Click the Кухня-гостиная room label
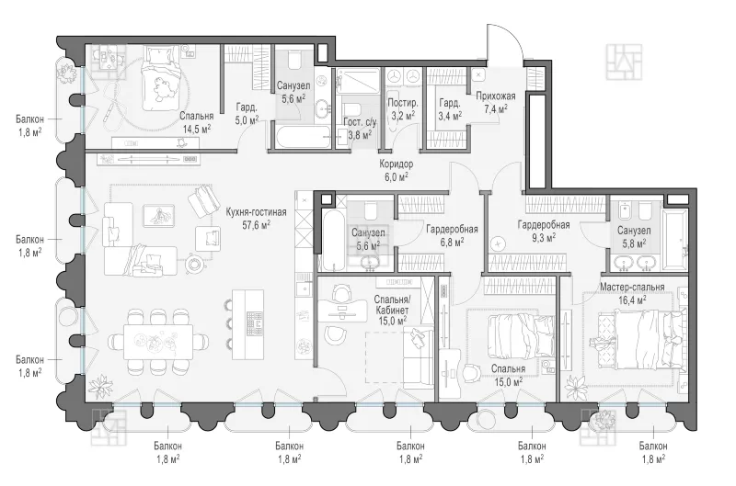click(256, 212)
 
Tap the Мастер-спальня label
click(632, 287)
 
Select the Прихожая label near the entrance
click(495, 96)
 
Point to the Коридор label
click(397, 164)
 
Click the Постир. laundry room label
click(403, 103)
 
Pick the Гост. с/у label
click(360, 122)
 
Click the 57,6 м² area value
click(256, 225)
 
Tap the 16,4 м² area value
click(632, 300)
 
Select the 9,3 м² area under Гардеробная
click(544, 238)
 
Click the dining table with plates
click(158, 342)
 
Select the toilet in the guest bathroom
click(354, 109)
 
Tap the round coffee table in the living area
click(194, 265)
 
